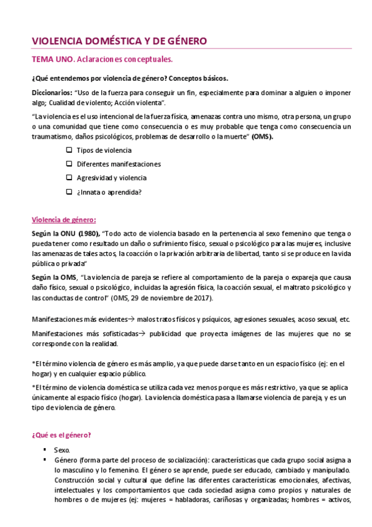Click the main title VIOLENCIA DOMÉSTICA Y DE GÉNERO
click(x=119, y=41)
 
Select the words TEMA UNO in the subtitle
click(x=52, y=60)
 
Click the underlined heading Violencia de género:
click(x=63, y=219)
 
